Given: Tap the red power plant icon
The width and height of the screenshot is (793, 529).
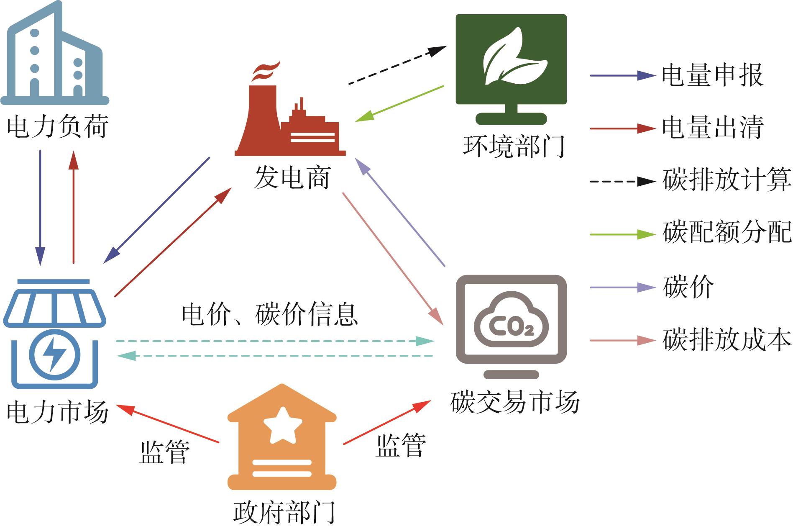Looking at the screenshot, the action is point(290,110).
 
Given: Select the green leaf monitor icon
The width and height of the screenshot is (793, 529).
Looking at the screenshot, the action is point(511,69).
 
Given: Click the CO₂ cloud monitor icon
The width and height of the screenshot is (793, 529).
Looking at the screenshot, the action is point(511,327).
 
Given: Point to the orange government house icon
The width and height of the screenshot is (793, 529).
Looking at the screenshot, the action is point(282,437).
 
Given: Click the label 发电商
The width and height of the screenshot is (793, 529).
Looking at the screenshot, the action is point(292,177).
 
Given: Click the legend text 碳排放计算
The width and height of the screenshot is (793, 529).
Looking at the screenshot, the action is point(727,180).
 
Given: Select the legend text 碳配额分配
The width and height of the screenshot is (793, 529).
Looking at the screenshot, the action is point(727,232).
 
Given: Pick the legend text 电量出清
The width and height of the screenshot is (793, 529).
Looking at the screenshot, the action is point(713,127).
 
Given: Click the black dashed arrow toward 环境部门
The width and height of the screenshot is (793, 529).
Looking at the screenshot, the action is point(398,65).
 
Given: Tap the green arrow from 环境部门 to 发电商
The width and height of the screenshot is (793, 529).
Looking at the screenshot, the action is point(399,104).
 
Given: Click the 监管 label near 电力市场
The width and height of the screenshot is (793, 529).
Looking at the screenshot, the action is point(165,452).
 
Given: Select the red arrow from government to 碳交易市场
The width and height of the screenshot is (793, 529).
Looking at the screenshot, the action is point(387,422).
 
